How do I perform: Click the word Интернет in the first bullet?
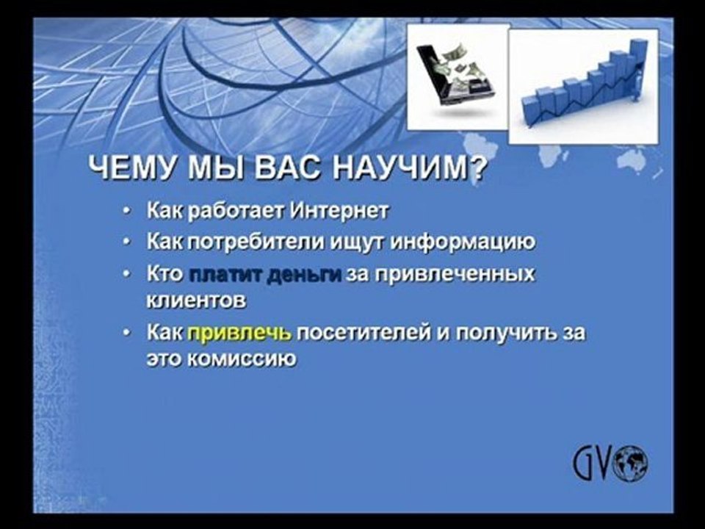(x=339, y=210)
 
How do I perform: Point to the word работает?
(x=235, y=211)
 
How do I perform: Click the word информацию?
(x=463, y=242)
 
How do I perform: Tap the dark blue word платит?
(x=225, y=274)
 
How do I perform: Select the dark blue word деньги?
(x=304, y=274)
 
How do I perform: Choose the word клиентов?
(x=197, y=301)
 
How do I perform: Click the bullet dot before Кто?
(x=127, y=274)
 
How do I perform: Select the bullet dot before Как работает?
(x=127, y=211)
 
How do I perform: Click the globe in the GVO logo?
(x=632, y=463)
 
